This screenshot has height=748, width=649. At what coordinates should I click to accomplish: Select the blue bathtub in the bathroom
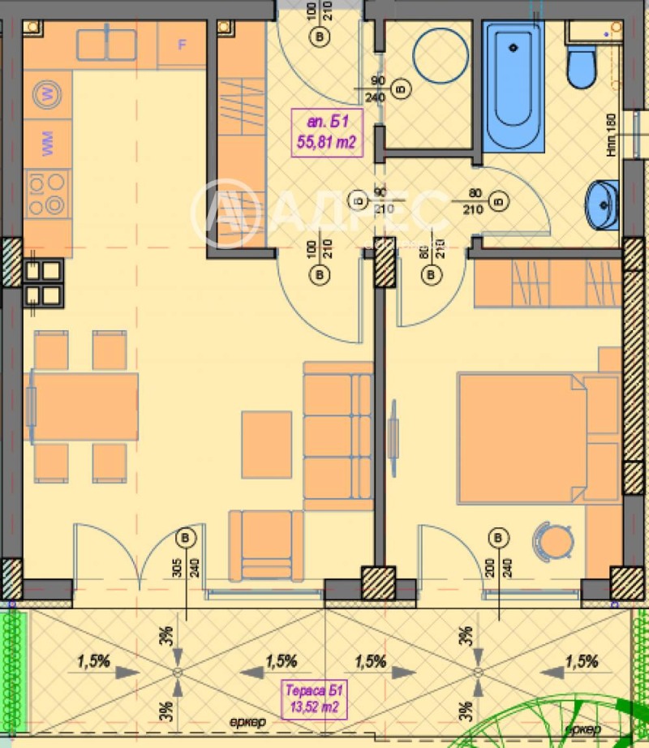pyautogui.click(x=514, y=85)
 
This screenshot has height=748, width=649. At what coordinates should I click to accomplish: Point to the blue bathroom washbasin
pyautogui.click(x=603, y=204)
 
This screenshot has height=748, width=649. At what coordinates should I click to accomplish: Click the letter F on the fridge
pyautogui.click(x=182, y=45)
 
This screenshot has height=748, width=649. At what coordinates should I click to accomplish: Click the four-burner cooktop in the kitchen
pyautogui.click(x=46, y=195)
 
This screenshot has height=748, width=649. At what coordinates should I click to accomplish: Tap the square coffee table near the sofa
pyautogui.click(x=266, y=443)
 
